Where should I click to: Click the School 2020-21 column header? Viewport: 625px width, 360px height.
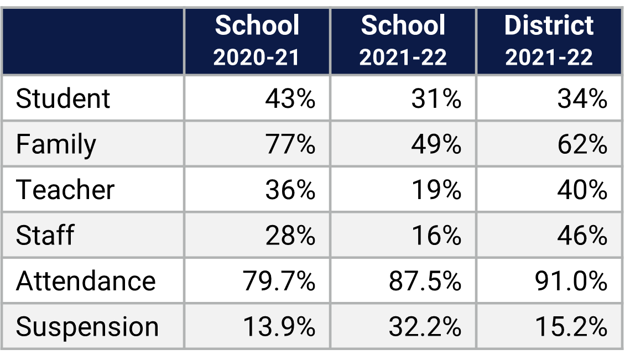(x=257, y=41)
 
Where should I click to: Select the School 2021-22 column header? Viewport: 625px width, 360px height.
(x=403, y=41)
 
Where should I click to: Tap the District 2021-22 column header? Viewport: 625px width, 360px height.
(x=549, y=41)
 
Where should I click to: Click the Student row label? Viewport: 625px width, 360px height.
(x=63, y=99)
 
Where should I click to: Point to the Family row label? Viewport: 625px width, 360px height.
(x=56, y=144)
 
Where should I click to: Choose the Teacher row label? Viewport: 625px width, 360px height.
(x=65, y=190)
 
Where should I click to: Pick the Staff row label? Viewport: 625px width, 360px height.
(x=45, y=235)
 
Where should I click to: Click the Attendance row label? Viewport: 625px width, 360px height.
(x=86, y=281)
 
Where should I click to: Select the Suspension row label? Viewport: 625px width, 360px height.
(x=87, y=326)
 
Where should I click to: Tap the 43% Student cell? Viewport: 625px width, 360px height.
(x=290, y=99)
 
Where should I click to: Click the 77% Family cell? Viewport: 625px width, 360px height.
(x=290, y=144)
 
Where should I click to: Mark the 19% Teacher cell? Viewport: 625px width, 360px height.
(x=436, y=190)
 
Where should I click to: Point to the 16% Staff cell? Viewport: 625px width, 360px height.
(x=436, y=235)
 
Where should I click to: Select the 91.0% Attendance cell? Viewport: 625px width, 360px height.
(x=571, y=281)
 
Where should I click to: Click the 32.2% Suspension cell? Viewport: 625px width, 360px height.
(x=425, y=326)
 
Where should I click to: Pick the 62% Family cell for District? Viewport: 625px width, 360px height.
(x=582, y=144)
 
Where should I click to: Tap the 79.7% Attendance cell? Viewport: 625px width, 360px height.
(x=279, y=281)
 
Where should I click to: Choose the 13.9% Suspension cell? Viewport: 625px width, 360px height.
(x=279, y=326)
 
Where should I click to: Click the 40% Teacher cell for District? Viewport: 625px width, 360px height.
(x=582, y=190)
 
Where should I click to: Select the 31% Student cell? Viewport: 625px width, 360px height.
(x=436, y=99)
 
